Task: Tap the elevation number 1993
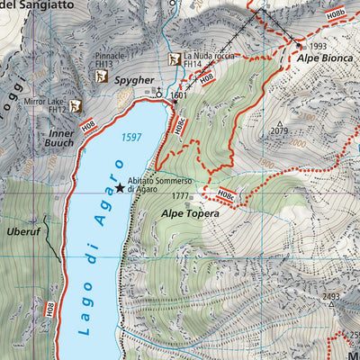pos(317,46)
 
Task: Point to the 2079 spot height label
pos(279,131)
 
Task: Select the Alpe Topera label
pos(190,214)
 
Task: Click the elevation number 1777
pos(179,195)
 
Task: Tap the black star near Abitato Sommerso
pos(119,188)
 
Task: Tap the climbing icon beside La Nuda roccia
pos(175,59)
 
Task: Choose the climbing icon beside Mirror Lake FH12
pos(76,106)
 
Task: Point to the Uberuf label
pos(24,231)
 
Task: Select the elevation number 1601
pos(177,94)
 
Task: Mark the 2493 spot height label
pos(332,296)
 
